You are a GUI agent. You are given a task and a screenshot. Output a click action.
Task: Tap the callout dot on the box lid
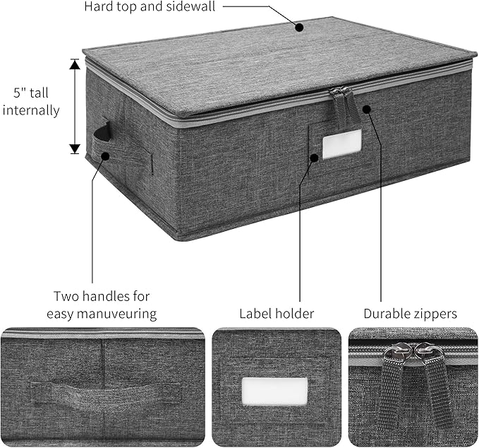coord(299,28)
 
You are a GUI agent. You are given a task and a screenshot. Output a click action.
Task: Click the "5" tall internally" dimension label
coord(35,101)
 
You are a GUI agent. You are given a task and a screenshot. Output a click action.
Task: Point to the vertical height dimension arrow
coord(75,106)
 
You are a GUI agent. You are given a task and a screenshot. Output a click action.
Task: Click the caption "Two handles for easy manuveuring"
coord(102,305)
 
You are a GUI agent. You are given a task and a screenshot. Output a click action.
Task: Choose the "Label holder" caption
coord(277,313)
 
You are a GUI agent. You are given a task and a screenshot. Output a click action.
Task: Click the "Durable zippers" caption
coord(411,313)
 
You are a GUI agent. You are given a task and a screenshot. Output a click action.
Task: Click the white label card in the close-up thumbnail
coord(274,391)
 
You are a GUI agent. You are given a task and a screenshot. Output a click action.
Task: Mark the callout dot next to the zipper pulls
coord(367,109)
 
